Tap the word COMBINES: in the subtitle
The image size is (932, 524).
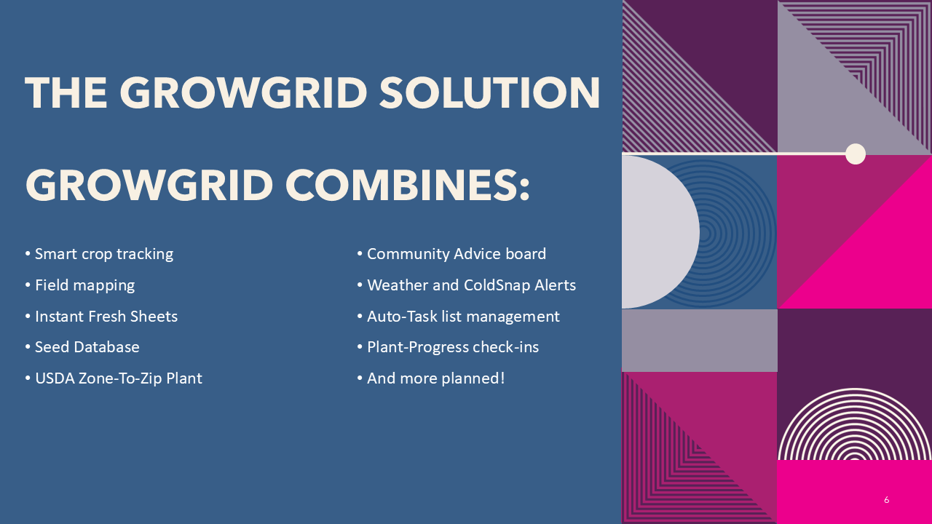pyautogui.click(x=408, y=185)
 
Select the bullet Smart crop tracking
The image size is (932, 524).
pyautogui.click(x=104, y=254)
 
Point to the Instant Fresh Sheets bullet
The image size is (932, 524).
pyautogui.click(x=106, y=317)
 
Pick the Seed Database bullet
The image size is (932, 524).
pyautogui.click(x=87, y=347)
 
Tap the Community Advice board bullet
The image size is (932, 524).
pyautogui.click(x=457, y=254)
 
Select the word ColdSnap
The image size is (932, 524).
pyautogui.click(x=497, y=285)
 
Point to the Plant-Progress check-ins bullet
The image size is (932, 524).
pyautogui.click(x=453, y=348)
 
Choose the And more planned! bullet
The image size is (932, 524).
pyautogui.click(x=435, y=378)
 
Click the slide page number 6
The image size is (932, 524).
pyautogui.click(x=886, y=500)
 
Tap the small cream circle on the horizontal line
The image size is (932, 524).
pyautogui.click(x=856, y=154)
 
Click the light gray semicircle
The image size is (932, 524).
pyautogui.click(x=660, y=231)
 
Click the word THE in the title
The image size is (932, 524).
pyautogui.click(x=66, y=93)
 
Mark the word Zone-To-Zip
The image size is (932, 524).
pyautogui.click(x=120, y=378)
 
